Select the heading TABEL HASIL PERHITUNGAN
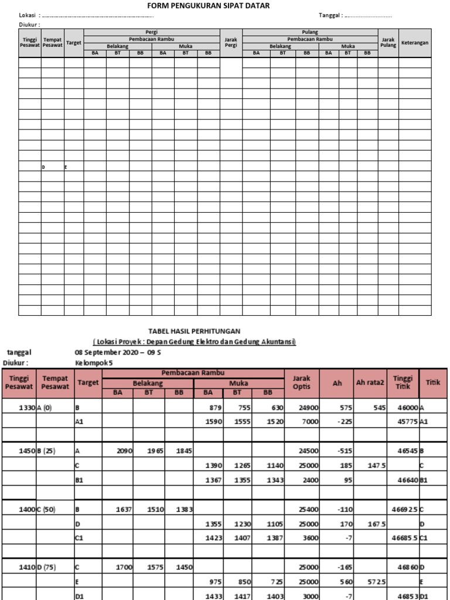(x=193, y=331)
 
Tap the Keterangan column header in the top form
(x=415, y=43)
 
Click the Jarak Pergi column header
(x=230, y=43)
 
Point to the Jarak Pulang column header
(x=388, y=43)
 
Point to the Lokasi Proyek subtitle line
(x=195, y=342)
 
